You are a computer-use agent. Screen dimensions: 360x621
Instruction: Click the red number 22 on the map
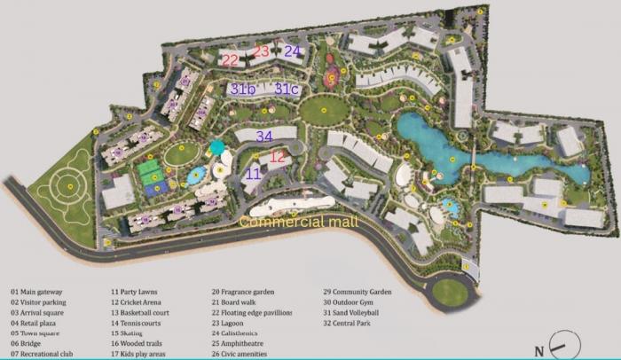click(x=231, y=60)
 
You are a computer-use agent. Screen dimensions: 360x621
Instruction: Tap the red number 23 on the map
click(x=261, y=52)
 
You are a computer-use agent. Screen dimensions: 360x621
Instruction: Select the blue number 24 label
click(x=293, y=52)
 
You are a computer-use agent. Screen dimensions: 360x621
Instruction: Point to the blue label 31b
click(x=243, y=90)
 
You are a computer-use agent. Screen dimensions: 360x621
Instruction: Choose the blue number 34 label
click(x=263, y=137)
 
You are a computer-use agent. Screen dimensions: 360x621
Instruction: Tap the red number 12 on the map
click(x=278, y=157)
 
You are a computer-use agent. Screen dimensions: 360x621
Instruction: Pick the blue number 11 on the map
click(x=253, y=175)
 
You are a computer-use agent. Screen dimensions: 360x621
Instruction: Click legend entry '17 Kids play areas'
click(x=143, y=354)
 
